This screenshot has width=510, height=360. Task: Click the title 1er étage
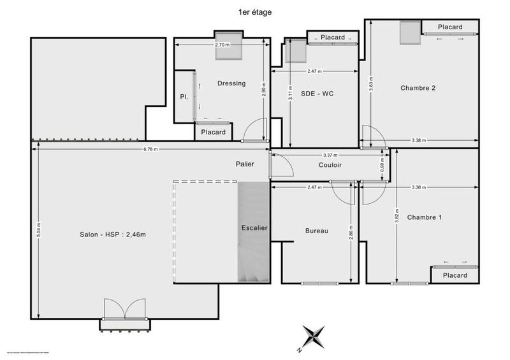click(x=255, y=11)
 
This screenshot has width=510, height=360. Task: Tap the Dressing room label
click(x=231, y=83)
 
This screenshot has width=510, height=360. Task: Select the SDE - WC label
click(x=317, y=94)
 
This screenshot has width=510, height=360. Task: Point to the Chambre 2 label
click(x=418, y=88)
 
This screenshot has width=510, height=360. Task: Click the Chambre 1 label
click(x=424, y=217)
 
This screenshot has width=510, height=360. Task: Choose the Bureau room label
click(x=316, y=231)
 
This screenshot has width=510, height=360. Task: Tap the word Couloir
click(x=330, y=165)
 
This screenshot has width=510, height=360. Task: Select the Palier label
click(x=244, y=164)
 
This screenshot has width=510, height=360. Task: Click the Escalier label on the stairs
click(x=254, y=227)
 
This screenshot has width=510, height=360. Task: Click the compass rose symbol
click(x=314, y=335)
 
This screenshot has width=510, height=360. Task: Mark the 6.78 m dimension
click(x=150, y=149)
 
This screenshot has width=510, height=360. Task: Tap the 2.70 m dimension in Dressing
click(x=221, y=45)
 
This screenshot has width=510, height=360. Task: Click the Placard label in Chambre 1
click(x=455, y=275)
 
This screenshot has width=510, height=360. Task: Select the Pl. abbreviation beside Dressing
click(x=183, y=97)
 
